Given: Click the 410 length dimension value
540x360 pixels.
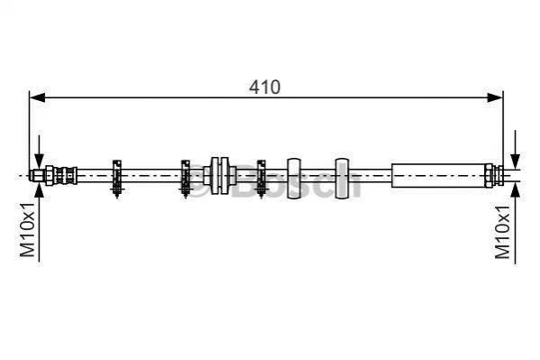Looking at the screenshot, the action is [x=264, y=88].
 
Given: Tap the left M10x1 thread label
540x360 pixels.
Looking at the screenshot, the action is [x=27, y=230].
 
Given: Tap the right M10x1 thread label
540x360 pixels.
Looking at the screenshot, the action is [x=502, y=232].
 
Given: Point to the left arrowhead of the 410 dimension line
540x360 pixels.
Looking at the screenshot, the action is [x=38, y=97].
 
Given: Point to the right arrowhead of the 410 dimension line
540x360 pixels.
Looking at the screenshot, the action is [x=495, y=97].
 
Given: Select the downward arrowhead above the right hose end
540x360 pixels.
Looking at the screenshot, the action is [x=515, y=161].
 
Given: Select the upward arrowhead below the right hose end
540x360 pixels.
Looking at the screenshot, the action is [x=515, y=190].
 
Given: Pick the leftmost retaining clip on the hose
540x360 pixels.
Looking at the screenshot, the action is [x=117, y=179].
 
